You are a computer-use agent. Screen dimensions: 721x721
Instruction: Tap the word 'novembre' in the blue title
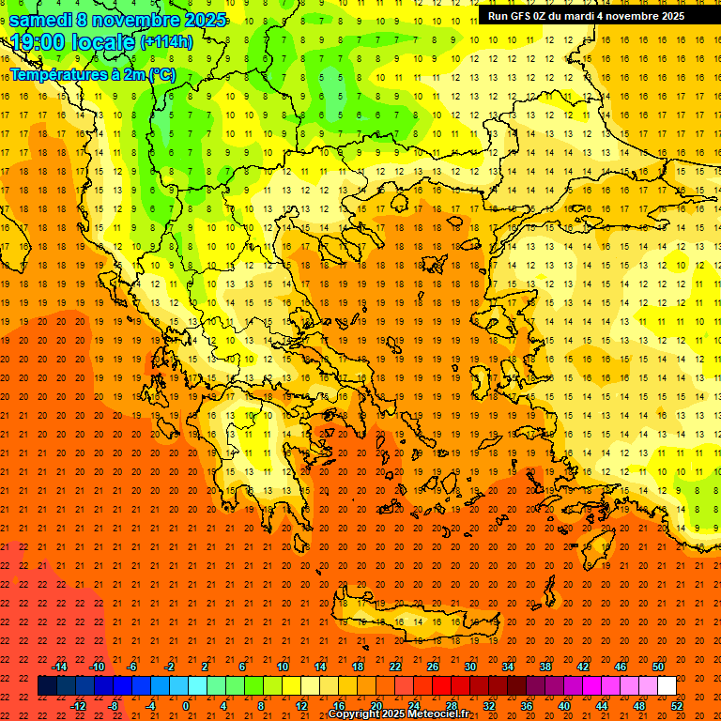(x=133, y=20)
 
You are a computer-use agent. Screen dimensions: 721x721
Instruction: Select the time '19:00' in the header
(x=38, y=41)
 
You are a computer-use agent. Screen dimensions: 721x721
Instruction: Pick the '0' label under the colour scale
(x=185, y=706)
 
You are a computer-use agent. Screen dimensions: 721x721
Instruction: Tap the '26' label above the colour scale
(x=433, y=667)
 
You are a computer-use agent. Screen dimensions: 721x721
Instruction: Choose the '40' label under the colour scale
(x=564, y=706)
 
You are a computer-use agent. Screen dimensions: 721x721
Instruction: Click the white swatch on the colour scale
(x=667, y=686)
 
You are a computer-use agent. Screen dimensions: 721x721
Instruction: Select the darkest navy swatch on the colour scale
(x=47, y=686)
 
